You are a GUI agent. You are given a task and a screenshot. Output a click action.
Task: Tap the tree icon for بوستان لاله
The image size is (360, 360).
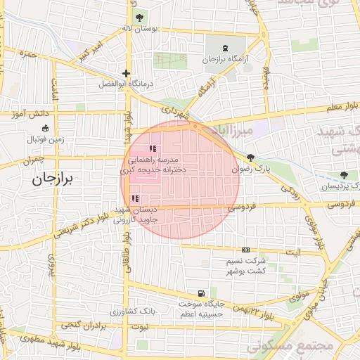coord(139,16)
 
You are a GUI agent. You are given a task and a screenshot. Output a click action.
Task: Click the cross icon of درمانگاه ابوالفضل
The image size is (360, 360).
coord(126,73)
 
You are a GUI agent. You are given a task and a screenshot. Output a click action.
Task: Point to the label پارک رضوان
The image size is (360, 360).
coord(249,169)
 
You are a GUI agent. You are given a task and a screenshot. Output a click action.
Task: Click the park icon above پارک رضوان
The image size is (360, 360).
coord(250,157)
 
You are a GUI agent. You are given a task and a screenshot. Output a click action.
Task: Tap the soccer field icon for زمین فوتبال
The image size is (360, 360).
coord(46,129)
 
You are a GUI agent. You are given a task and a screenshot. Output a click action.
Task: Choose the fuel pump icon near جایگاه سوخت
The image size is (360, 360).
coord(202,292)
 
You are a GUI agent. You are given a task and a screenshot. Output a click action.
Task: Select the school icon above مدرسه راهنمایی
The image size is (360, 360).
coord(152,149)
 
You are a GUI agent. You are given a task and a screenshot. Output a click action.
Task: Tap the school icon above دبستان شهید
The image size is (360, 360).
coord(134,199)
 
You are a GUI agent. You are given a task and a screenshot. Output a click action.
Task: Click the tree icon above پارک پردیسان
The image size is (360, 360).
coord(343,175)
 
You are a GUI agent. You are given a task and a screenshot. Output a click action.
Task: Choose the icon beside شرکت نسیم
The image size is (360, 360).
coord(245,250)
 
